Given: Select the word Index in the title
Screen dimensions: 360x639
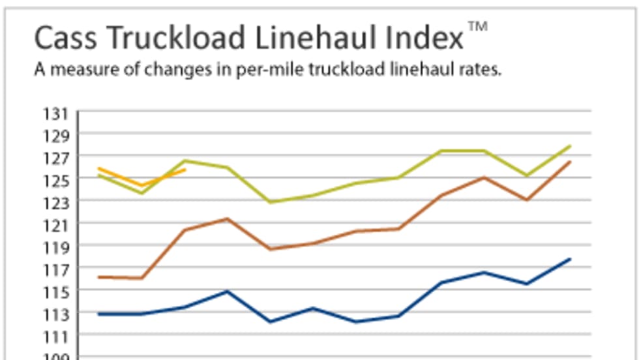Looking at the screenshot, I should click(x=424, y=38).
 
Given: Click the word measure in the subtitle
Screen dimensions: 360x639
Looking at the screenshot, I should click(x=77, y=70).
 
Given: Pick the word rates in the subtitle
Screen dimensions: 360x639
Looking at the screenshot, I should click(x=483, y=70).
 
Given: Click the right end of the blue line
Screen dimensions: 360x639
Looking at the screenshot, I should click(x=571, y=259).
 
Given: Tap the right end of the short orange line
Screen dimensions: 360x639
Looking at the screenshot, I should click(x=185, y=170).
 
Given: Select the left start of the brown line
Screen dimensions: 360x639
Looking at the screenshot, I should click(x=98, y=277).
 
